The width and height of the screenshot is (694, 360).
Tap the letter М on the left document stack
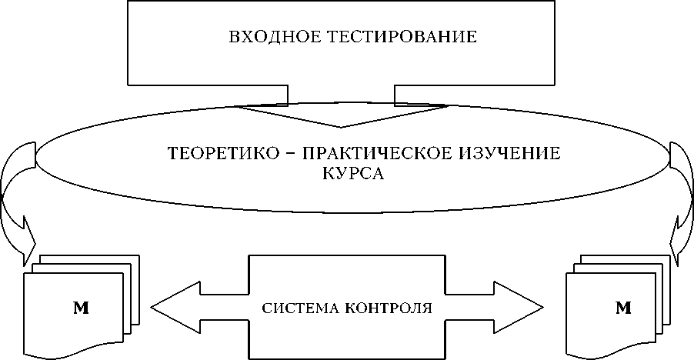coord(80,308)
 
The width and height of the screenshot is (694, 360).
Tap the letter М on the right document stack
coord(623,308)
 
